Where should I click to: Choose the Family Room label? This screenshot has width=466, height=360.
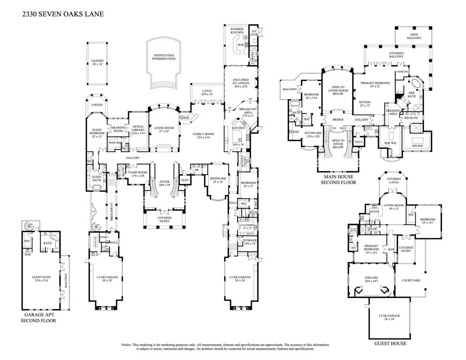point(203,134)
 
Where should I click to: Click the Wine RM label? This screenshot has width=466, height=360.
point(115,143)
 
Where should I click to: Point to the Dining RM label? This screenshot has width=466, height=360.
point(218,178)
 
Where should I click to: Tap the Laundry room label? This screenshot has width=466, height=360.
point(248,226)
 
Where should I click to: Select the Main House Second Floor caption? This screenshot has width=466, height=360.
point(338,179)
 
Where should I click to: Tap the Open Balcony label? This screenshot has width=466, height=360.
point(414,36)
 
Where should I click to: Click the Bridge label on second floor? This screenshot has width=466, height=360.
point(338,120)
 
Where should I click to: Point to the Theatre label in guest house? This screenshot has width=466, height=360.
point(371,277)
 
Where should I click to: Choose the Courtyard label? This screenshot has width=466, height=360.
point(411,281)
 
